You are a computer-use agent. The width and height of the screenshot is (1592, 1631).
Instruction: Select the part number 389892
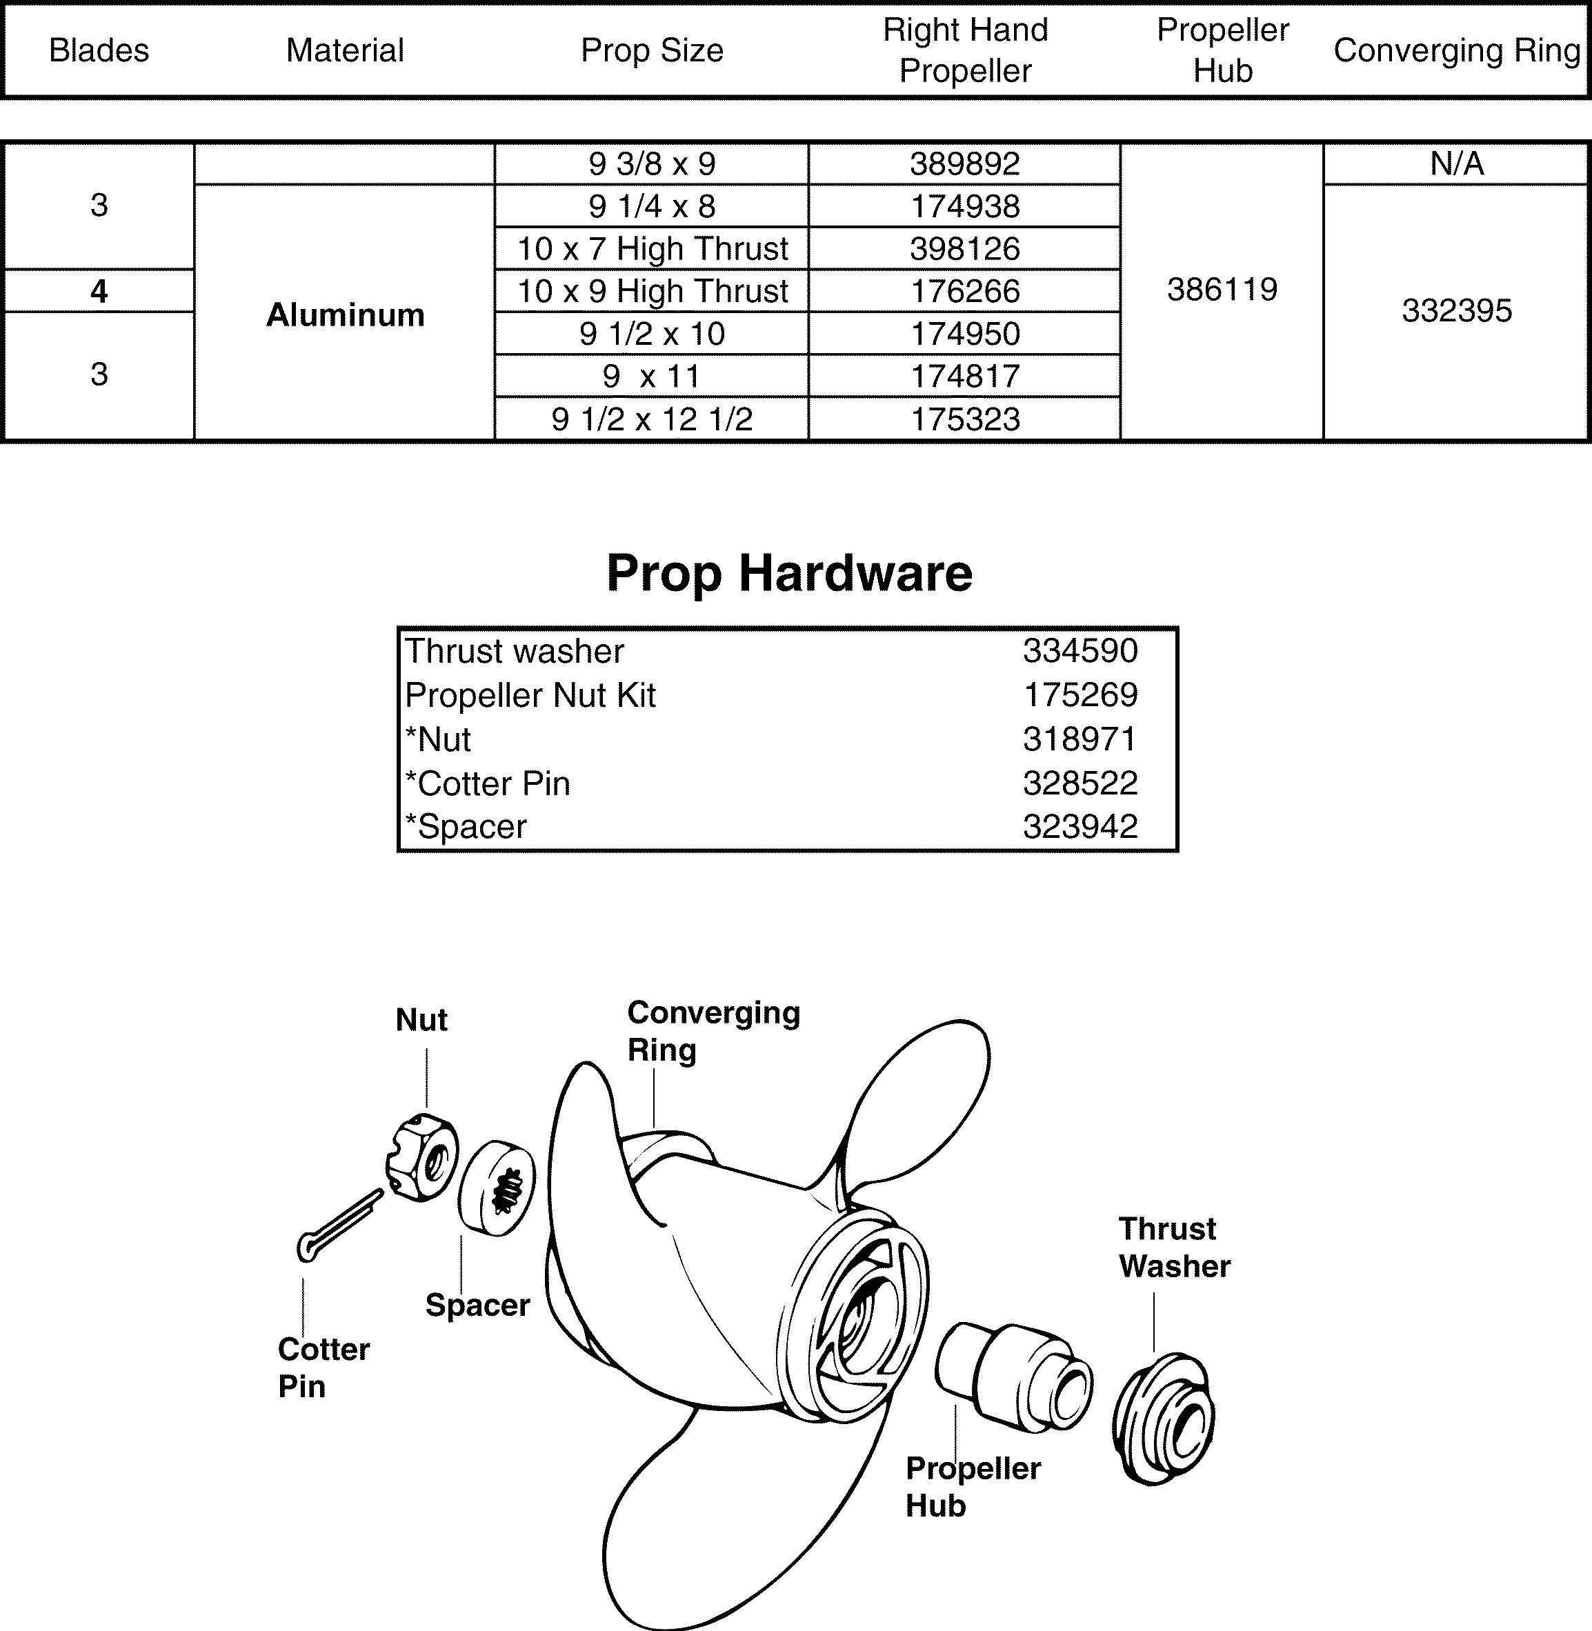pos(965,164)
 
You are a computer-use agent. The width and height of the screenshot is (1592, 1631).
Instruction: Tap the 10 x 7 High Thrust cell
pos(653,248)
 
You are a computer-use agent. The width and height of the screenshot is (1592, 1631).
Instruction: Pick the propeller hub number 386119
pos(1222,290)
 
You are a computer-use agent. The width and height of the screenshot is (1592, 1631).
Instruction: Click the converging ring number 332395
pos(1457,311)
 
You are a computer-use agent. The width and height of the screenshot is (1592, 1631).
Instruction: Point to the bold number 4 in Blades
pos(99,291)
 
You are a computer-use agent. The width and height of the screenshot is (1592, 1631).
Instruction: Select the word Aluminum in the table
pos(346,315)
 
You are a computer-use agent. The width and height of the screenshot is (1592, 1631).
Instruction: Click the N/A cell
pos(1457,164)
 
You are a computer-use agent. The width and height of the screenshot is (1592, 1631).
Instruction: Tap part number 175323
pos(965,419)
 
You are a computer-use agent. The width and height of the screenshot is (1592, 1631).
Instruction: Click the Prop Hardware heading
pos(789,574)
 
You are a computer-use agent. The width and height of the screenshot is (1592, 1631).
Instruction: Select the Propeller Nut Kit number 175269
pos(1080,694)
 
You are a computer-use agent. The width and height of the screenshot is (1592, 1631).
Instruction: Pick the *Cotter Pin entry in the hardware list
pos(488,783)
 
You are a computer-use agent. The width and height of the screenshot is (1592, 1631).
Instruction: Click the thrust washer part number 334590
pos(1080,650)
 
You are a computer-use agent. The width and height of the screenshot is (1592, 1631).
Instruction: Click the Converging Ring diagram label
pos(713,1031)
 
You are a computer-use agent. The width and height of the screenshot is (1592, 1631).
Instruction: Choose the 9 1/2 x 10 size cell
pos(653,334)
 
